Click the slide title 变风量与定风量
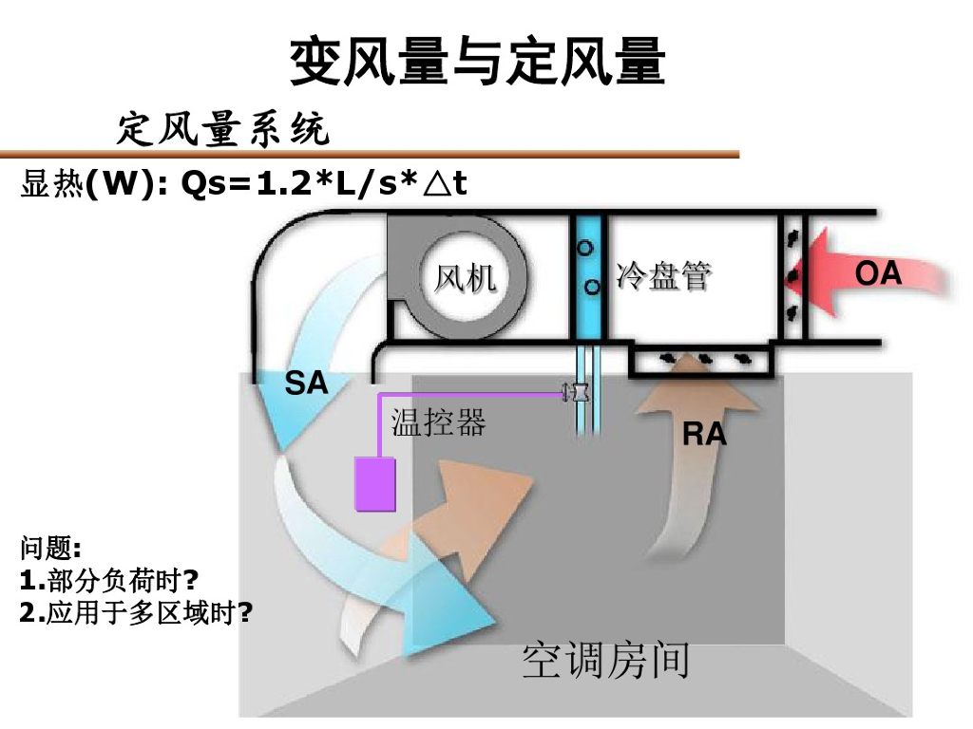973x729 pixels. coord(477,62)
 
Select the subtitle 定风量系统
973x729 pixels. coord(223,128)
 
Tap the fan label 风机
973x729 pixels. coord(465,278)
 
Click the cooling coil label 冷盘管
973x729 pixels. coord(663,276)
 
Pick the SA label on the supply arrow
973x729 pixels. coord(306,383)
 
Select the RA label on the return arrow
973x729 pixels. coord(704,435)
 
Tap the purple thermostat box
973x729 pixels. coord(374,484)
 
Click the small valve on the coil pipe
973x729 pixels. coord(577,391)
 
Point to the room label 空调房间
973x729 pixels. coord(605,661)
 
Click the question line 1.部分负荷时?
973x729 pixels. coord(108,580)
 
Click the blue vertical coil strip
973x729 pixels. coord(589,275)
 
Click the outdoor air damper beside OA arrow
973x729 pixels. coord(792,275)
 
